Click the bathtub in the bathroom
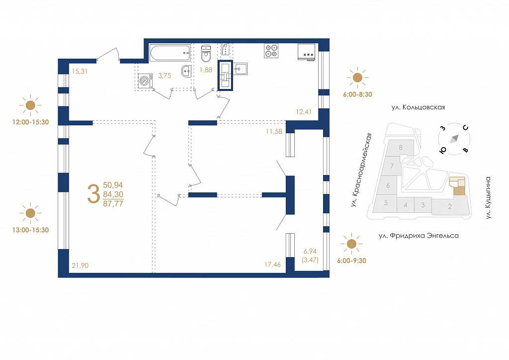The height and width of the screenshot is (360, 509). tap(170, 53)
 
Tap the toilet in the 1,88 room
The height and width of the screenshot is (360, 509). tap(206, 54)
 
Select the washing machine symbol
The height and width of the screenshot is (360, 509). tap(146, 81)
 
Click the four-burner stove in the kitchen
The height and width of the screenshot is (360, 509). tap(271, 51)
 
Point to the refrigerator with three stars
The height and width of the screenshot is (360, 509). tap(306, 52)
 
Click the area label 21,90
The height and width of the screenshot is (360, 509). tap(80, 266)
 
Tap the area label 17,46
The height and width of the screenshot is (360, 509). tap(272, 265)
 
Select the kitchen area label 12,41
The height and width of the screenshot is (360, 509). tap(304, 112)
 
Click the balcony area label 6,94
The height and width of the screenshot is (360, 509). tap(310, 252)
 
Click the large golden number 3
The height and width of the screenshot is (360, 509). tap(93, 193)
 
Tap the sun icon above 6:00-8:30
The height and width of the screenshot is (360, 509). tap(357, 78)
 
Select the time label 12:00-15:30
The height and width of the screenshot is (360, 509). tap(30, 122)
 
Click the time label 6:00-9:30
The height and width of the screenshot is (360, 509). tap(351, 261)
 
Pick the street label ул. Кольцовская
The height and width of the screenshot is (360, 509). tap(418, 107)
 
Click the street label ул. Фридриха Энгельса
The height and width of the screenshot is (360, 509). tap(419, 236)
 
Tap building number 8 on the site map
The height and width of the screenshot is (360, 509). tap(401, 148)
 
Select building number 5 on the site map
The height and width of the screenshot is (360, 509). tap(386, 203)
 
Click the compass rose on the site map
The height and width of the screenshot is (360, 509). tap(454, 139)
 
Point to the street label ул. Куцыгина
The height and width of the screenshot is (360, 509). tap(489, 198)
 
